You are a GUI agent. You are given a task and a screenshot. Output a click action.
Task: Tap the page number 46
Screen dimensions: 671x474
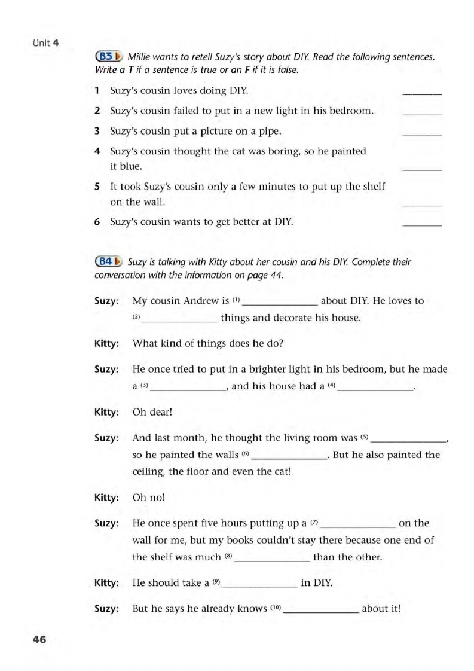click(x=39, y=639)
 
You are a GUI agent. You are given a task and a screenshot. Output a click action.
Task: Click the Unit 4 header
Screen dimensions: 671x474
click(x=45, y=43)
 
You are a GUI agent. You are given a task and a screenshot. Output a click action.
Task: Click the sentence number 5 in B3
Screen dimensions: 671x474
click(x=97, y=187)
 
